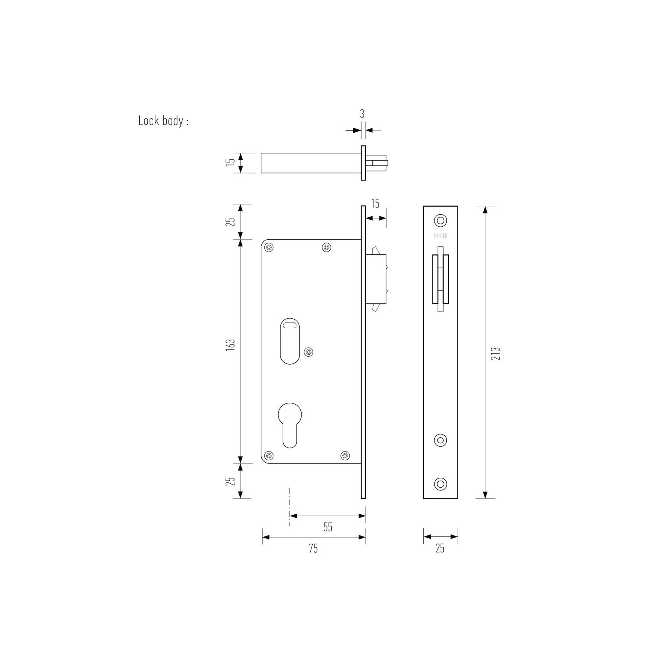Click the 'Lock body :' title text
tap(163, 121)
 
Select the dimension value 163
tap(233, 344)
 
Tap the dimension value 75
tap(313, 548)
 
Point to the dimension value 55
tap(328, 527)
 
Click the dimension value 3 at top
tap(362, 114)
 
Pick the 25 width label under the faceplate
tap(440, 548)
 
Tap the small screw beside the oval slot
tap(308, 351)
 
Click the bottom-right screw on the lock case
tap(345, 456)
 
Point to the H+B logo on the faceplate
tap(440, 236)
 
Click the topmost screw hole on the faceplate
tap(440, 220)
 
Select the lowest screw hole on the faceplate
tap(440, 483)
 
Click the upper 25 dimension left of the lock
tap(233, 221)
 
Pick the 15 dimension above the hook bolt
tap(375, 204)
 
